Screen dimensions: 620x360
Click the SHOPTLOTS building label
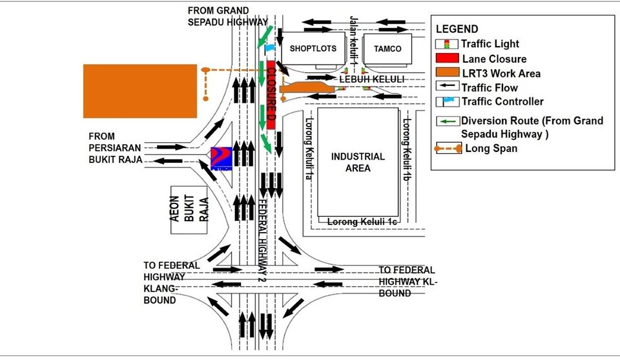[313, 48]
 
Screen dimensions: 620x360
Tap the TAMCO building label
[387, 48]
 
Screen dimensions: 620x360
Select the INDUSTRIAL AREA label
[358, 162]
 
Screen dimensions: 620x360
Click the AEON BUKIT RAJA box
[189, 209]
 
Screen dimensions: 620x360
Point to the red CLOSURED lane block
[271, 95]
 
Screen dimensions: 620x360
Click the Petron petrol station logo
[222, 158]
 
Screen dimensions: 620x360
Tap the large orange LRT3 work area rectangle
[140, 91]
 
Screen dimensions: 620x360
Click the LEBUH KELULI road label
[372, 79]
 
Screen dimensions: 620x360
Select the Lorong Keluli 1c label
[362, 222]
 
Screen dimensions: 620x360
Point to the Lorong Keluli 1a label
[309, 149]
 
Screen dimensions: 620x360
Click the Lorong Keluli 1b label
[406, 149]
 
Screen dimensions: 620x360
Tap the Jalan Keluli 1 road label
[353, 40]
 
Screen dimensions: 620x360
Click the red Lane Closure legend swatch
[447, 58]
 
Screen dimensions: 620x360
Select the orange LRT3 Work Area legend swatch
[448, 72]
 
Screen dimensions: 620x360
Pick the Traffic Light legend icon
[447, 44]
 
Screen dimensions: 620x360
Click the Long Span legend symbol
[448, 149]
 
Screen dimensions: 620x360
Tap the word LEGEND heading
[457, 29]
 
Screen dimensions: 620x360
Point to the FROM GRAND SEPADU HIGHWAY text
[228, 16]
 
